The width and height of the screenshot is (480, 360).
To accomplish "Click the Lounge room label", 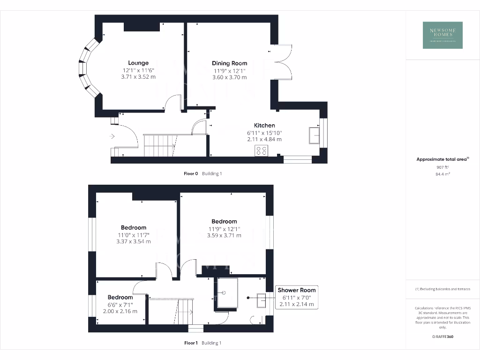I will [138, 63].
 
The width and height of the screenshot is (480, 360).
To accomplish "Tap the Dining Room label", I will [229, 63].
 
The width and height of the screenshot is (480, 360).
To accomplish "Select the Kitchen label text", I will [264, 125].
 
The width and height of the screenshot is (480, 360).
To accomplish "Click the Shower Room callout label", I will [297, 290].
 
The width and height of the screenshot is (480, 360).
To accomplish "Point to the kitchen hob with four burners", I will [262, 150].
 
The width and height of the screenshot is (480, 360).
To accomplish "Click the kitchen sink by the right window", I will [314, 135].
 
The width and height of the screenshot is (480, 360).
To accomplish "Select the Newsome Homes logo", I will [442, 35].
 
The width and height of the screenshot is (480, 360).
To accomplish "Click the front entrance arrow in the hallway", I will [112, 136].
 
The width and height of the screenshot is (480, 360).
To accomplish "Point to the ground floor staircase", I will [159, 145].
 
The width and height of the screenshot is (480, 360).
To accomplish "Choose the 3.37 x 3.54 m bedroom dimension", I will [134, 241].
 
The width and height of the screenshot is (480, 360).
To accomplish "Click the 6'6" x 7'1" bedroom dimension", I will [120, 304].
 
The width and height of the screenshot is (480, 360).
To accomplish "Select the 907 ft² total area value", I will [442, 167].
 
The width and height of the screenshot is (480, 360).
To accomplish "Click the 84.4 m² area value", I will [442, 174].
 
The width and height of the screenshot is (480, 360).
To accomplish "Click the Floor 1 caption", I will [191, 343].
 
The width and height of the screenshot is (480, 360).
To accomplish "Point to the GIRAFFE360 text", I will [442, 337].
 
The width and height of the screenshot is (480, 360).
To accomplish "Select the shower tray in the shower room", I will [226, 293].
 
